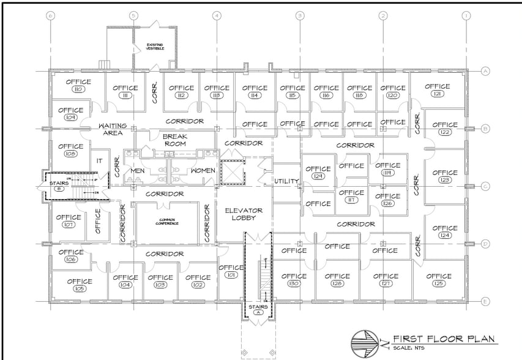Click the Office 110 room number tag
coord(78,89)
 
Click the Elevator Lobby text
coord(244,214)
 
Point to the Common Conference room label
coord(168,221)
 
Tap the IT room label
coord(99,160)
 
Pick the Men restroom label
coord(138,170)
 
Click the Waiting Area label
coord(113,129)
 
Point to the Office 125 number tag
coord(438,285)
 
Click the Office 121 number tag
coord(438,94)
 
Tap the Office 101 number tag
coord(230,276)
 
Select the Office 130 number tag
coord(294,284)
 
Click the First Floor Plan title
coord(444,338)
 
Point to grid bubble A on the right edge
coord(485,71)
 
